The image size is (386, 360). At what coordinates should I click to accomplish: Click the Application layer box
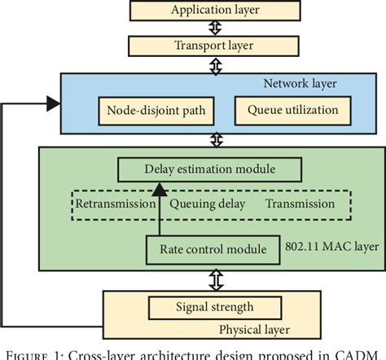tap(216, 11)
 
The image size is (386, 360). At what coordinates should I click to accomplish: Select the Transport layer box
tap(216, 46)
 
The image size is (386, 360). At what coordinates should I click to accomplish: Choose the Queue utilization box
tap(282, 109)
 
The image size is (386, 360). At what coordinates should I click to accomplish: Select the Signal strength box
tap(215, 307)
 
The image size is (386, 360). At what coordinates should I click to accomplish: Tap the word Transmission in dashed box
tap(300, 204)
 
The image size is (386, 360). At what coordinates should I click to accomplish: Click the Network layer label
tap(300, 83)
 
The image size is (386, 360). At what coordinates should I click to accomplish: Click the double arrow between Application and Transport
tap(216, 28)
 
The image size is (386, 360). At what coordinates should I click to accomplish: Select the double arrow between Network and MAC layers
tap(216, 139)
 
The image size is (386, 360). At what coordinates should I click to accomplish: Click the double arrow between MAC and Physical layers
tap(216, 280)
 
